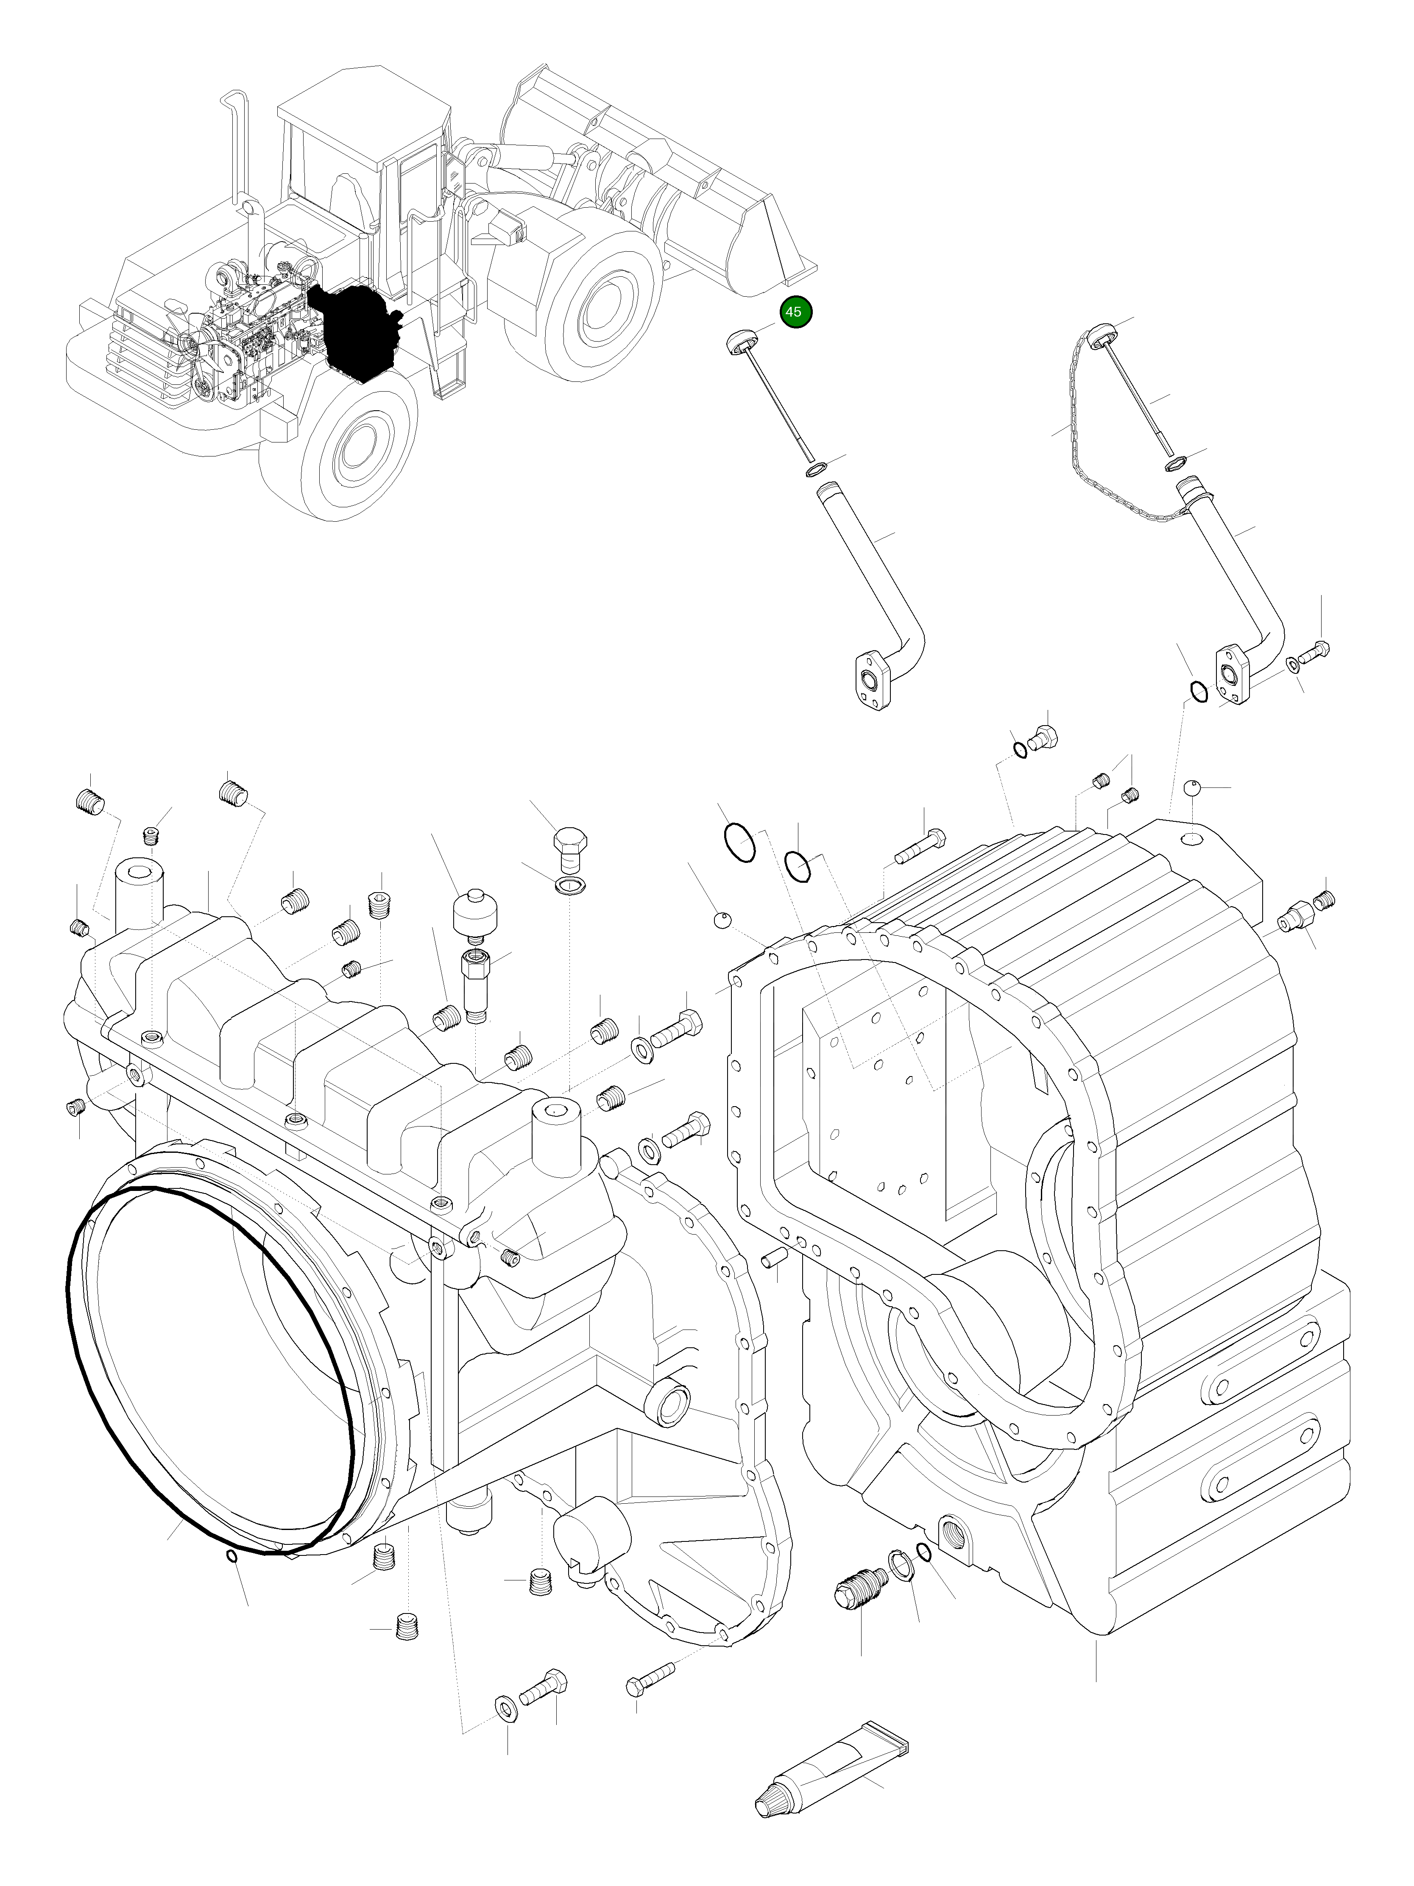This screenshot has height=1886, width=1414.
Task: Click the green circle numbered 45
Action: tap(793, 312)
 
